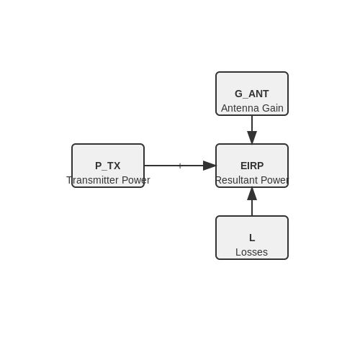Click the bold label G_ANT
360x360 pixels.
click(x=252, y=94)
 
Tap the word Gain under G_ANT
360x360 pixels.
click(x=273, y=108)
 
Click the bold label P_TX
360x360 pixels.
click(x=108, y=166)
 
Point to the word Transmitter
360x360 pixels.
click(x=93, y=180)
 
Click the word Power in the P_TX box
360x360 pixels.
click(x=136, y=180)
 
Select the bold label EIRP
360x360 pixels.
click(x=252, y=166)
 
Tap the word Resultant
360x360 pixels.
click(x=237, y=180)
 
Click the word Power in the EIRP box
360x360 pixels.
click(x=275, y=180)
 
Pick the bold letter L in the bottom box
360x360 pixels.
click(x=252, y=238)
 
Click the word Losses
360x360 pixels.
click(x=251, y=252)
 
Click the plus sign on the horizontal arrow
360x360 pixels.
click(x=180, y=166)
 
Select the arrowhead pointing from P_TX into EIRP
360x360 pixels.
click(x=210, y=166)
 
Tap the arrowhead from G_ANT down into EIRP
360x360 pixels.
click(x=252, y=138)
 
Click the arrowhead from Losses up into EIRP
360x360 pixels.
click(x=252, y=194)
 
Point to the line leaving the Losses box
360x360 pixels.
click(x=252, y=208)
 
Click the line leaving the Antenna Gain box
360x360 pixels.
click(x=252, y=123)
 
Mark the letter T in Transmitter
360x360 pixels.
click(x=69, y=180)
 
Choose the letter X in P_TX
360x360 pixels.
click(x=117, y=166)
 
